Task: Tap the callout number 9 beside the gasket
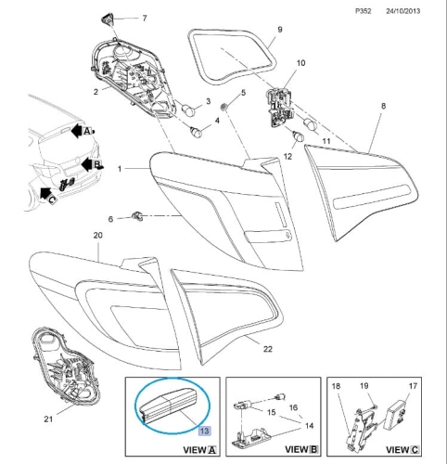(x=279, y=31)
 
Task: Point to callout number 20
(x=97, y=237)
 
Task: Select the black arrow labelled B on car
(x=86, y=164)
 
